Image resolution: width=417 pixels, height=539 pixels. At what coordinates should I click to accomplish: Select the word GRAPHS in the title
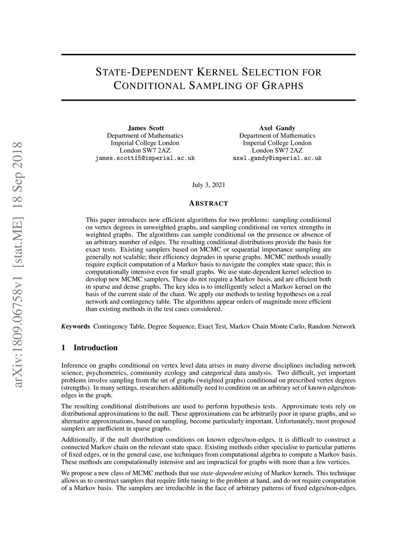[282, 86]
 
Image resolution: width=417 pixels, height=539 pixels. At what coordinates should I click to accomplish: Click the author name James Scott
[146, 128]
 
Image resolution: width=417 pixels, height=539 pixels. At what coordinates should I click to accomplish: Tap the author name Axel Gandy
[277, 128]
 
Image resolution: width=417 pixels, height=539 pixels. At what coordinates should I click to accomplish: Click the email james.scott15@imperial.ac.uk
[145, 158]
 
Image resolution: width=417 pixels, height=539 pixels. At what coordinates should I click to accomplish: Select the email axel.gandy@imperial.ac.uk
[277, 158]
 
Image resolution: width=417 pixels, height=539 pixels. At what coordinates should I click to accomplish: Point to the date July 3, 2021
[208, 185]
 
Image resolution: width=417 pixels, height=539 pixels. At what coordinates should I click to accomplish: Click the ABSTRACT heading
[208, 203]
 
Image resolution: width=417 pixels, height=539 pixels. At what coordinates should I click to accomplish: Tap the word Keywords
[75, 326]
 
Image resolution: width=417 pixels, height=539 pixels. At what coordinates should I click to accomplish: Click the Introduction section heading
[95, 347]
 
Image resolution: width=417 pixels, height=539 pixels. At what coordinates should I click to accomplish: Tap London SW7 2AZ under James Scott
[145, 151]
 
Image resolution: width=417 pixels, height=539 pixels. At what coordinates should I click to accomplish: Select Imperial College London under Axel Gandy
[277, 143]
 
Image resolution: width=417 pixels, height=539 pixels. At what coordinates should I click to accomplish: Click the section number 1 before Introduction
[63, 347]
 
